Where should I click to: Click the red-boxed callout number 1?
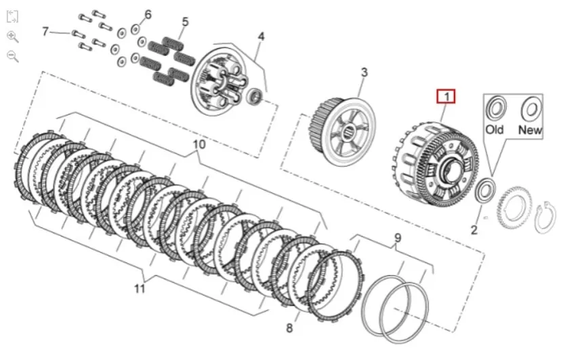click(x=446, y=96)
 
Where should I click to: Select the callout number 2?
click(x=474, y=230)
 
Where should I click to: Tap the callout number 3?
click(x=364, y=73)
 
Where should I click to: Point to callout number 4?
click(x=261, y=37)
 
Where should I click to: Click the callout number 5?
click(x=185, y=22)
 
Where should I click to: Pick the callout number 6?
click(x=148, y=14)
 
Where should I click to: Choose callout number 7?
click(x=45, y=31)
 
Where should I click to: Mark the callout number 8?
click(x=289, y=328)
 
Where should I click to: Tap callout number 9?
click(x=398, y=238)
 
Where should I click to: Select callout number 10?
click(x=198, y=144)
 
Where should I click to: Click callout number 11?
click(x=140, y=289)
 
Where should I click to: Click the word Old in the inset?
click(x=495, y=129)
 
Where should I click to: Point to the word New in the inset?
click(x=529, y=129)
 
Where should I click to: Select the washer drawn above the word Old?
click(x=496, y=108)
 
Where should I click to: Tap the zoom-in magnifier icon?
click(x=12, y=36)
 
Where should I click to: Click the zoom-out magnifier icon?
click(x=12, y=56)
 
